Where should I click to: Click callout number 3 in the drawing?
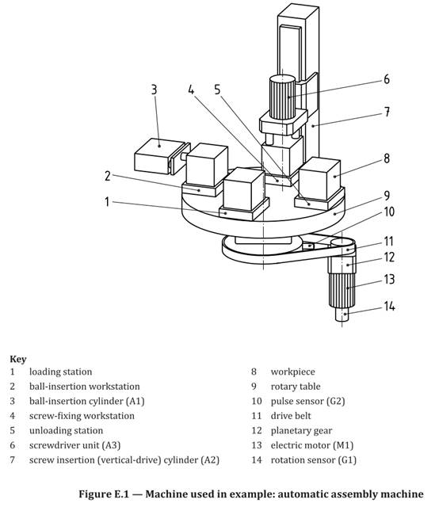[x=155, y=90]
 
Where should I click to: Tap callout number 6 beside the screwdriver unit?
[x=387, y=79]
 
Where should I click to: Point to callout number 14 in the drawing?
[x=389, y=307]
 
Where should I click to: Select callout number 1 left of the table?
[x=107, y=202]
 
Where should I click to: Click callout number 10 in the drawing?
[x=389, y=212]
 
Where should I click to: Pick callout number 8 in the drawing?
[x=387, y=158]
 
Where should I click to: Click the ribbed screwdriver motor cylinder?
[x=282, y=97]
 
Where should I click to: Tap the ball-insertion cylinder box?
[x=159, y=156]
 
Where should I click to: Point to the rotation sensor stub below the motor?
[x=342, y=315]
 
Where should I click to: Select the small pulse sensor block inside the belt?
[x=308, y=246]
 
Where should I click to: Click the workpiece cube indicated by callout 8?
[x=319, y=178]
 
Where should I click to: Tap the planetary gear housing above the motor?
[x=342, y=265]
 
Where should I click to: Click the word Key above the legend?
[x=18, y=359]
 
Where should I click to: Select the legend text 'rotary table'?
[x=296, y=387]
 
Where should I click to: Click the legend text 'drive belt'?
[x=291, y=416]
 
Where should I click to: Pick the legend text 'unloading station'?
[x=66, y=430]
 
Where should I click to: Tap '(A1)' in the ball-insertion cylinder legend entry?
[x=136, y=401]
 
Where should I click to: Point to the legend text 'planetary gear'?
[x=301, y=431]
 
